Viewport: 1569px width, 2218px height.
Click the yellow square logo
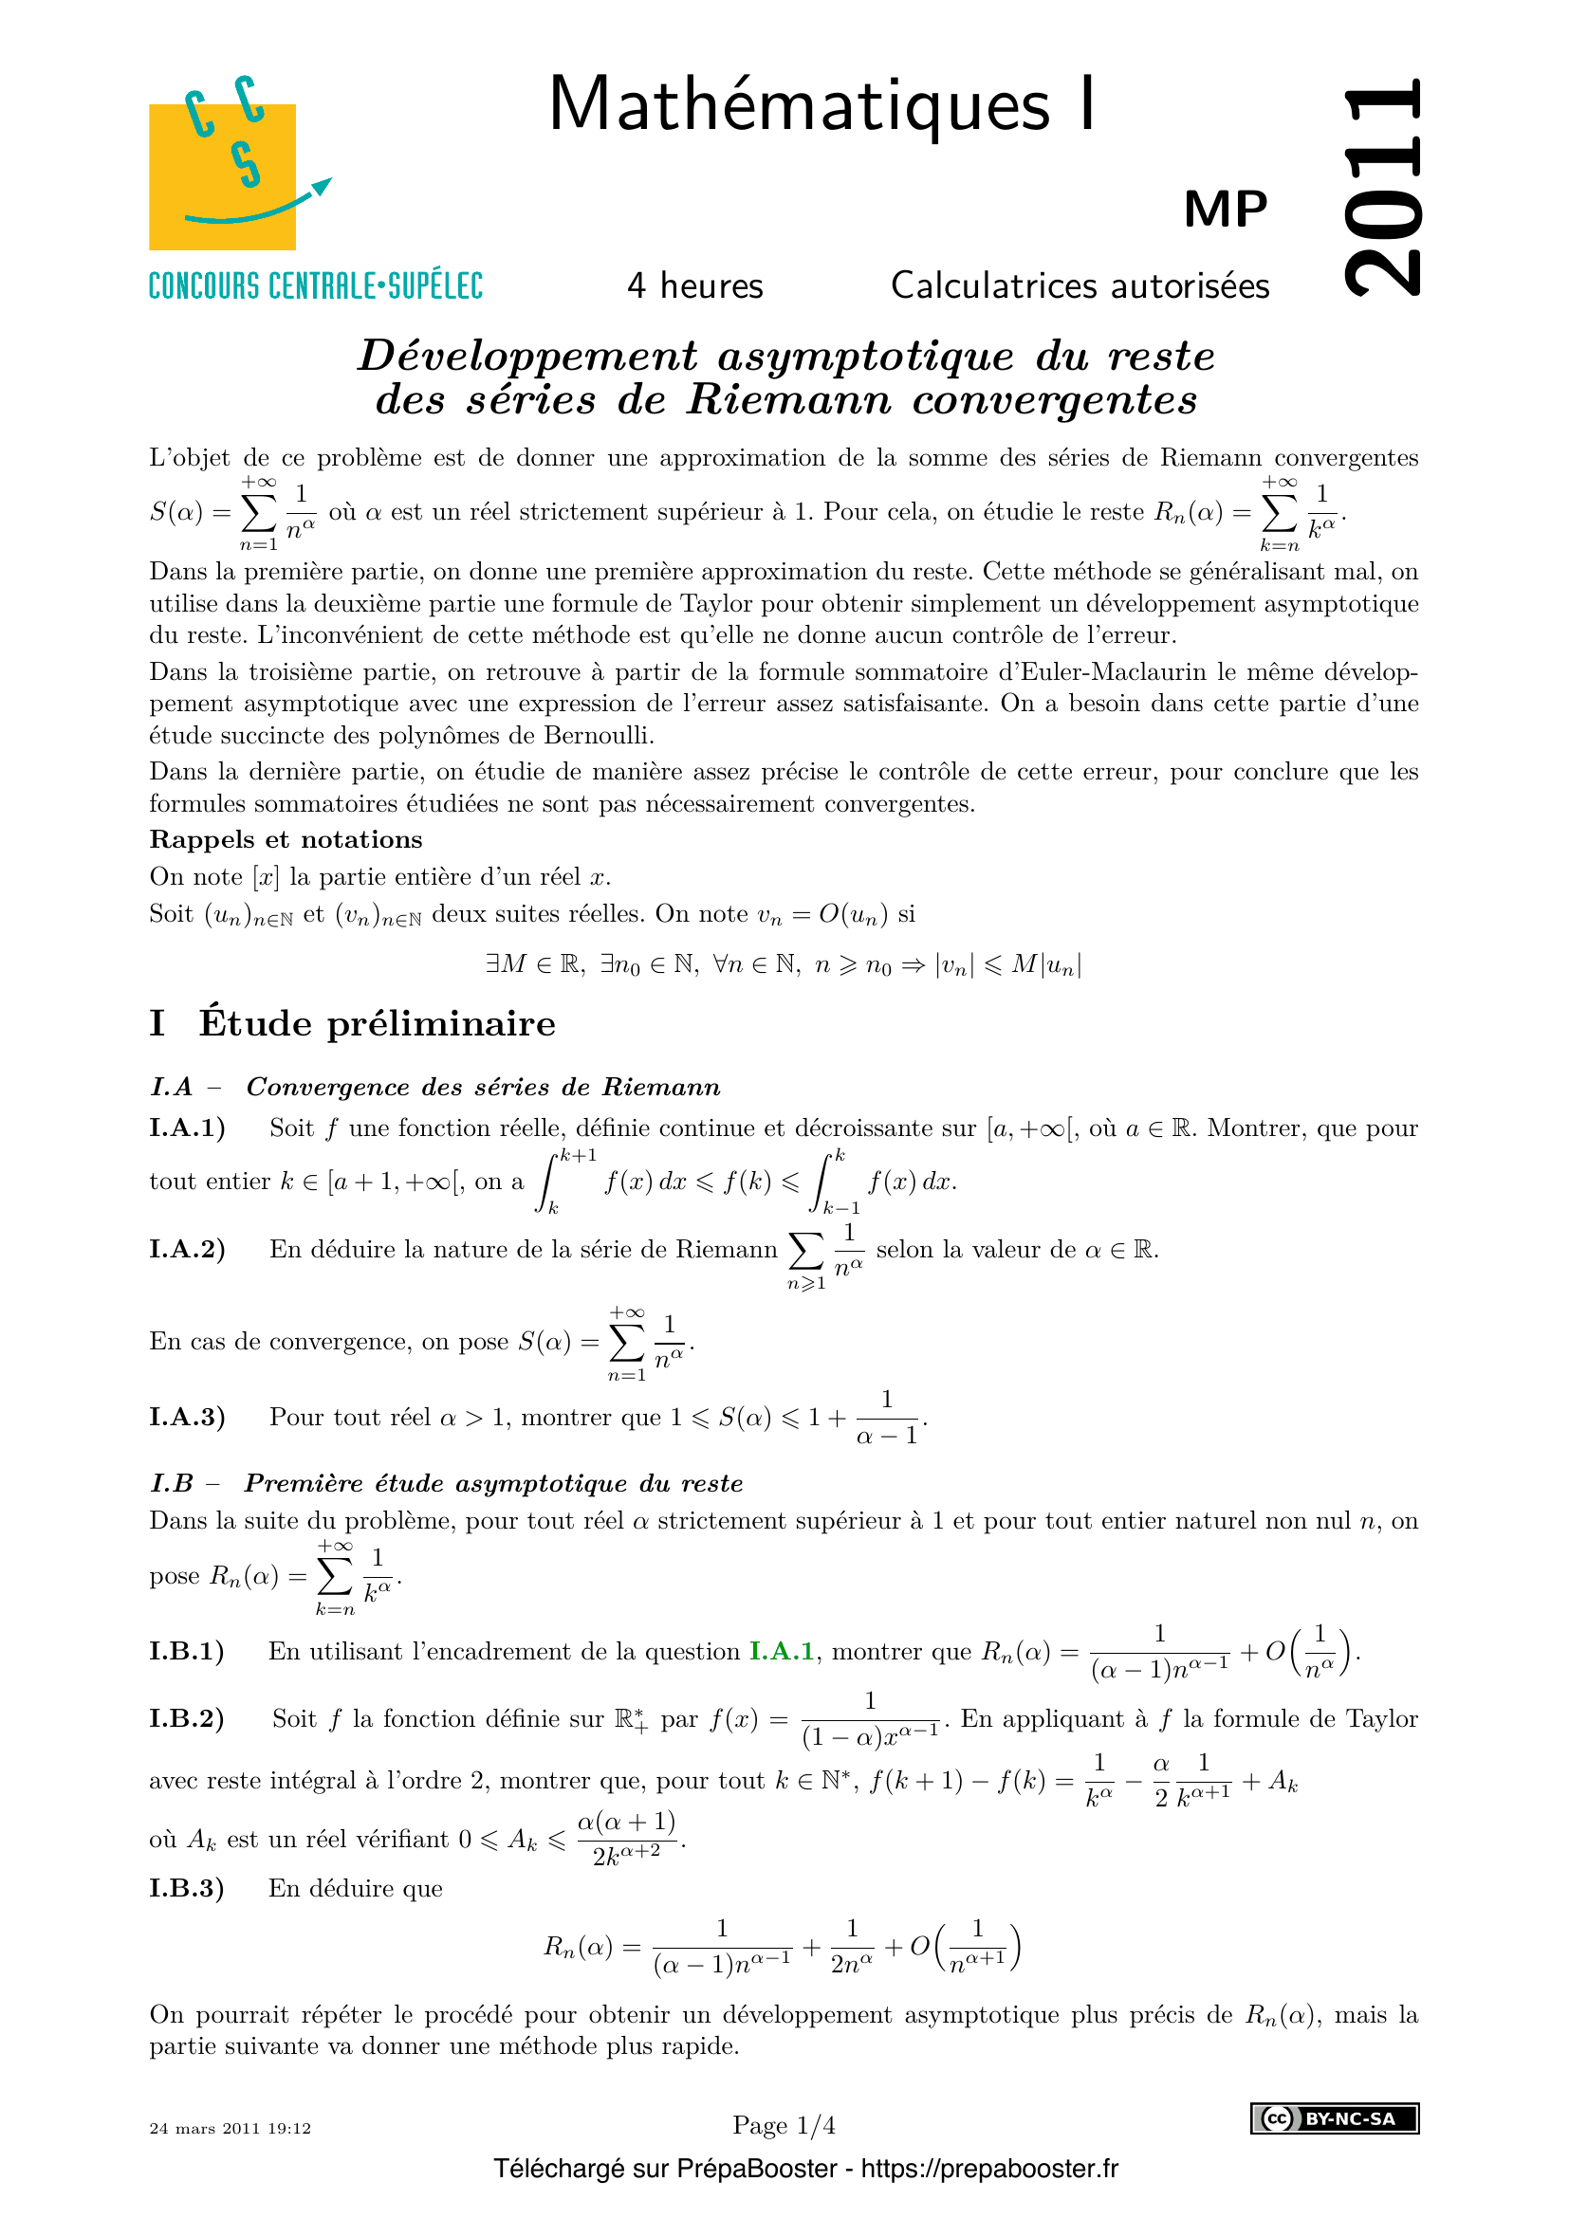pyautogui.click(x=222, y=175)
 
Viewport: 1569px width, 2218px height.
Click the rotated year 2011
pyautogui.click(x=1383, y=189)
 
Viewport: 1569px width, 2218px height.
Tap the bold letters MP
pyautogui.click(x=1225, y=209)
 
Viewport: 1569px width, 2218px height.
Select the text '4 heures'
pyautogui.click(x=694, y=286)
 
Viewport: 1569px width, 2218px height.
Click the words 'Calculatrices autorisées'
pyautogui.click(x=1080, y=286)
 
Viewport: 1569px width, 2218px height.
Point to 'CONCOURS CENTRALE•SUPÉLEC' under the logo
pyautogui.click(x=315, y=286)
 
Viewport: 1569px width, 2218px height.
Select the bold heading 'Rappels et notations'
pyautogui.click(x=286, y=839)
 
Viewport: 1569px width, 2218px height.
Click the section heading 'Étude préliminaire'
pyautogui.click(x=377, y=1023)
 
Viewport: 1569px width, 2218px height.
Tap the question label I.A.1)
pyautogui.click(x=188, y=1128)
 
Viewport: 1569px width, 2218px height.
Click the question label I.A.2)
pyautogui.click(x=188, y=1249)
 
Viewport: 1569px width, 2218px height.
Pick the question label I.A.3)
pyautogui.click(x=188, y=1417)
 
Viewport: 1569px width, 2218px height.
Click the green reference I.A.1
pyautogui.click(x=782, y=1651)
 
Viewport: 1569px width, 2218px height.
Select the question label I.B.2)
pyautogui.click(x=188, y=1718)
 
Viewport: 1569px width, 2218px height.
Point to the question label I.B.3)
pyautogui.click(x=188, y=1888)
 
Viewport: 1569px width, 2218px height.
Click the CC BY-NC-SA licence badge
pyautogui.click(x=1335, y=2117)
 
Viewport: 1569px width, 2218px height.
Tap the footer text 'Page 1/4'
pyautogui.click(x=784, y=2125)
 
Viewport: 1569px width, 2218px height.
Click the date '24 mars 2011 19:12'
pyautogui.click(x=230, y=2128)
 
